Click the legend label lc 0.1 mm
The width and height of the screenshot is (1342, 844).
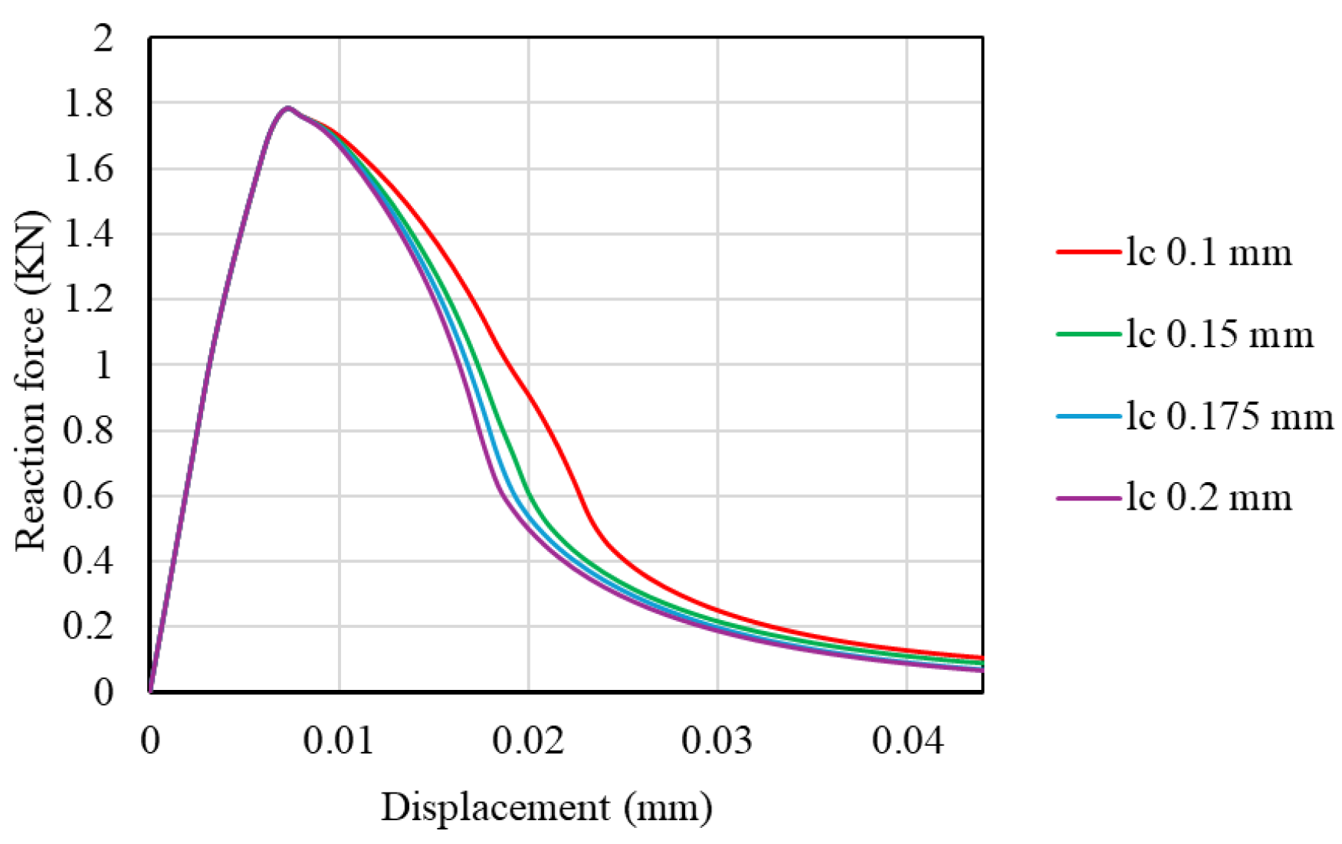pos(1208,253)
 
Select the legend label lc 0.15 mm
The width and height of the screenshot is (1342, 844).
pos(1219,335)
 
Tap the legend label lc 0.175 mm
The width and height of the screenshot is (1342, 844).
pos(1229,417)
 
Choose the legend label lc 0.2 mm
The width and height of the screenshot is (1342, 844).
pos(1208,498)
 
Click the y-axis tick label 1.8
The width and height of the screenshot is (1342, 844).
pos(88,104)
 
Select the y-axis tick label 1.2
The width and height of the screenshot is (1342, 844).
pos(88,300)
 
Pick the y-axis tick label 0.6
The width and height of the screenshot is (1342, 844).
pos(88,496)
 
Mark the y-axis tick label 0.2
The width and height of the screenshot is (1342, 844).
pos(88,626)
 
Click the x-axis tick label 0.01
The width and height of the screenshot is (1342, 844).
pos(338,741)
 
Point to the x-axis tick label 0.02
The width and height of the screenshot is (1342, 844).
pos(528,741)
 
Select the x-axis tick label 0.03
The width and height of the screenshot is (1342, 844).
pos(717,741)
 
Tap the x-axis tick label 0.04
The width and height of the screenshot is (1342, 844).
pos(907,741)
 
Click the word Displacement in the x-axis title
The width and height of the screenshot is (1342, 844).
pos(496,808)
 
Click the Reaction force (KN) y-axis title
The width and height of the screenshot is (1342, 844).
pos(31,381)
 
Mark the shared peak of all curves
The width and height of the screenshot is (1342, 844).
pos(288,108)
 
